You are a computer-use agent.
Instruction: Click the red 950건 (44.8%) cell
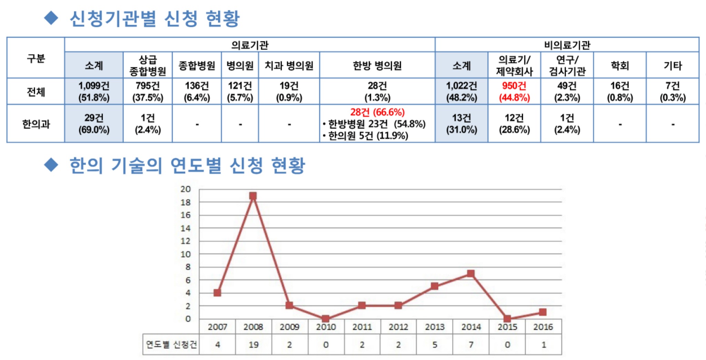coord(514,92)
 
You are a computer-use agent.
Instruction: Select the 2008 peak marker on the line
coord(253,196)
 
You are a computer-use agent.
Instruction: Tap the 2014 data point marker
coord(471,274)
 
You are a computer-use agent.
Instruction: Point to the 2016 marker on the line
coord(543,312)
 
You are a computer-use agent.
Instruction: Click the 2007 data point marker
coord(217,293)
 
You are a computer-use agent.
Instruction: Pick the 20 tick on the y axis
coord(185,189)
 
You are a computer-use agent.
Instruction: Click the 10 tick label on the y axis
coord(185,254)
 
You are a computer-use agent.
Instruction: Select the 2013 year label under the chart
coord(434,327)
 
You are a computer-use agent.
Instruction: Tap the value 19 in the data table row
coord(253,344)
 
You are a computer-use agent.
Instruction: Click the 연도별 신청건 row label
coord(171,344)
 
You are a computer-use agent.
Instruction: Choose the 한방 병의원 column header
coord(377,65)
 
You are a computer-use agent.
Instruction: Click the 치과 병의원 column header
coord(289,65)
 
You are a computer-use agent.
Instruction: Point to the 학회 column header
coord(620,65)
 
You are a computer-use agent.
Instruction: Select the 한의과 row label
coord(36,124)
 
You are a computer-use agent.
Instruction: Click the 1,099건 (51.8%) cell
coord(94,92)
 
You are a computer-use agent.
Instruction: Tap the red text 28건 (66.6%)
coord(377,112)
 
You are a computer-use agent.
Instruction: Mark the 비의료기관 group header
coord(567,45)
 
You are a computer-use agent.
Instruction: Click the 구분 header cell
coord(36,58)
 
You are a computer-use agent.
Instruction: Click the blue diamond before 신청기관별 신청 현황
coord(51,18)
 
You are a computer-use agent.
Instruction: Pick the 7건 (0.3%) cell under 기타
coord(673,92)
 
